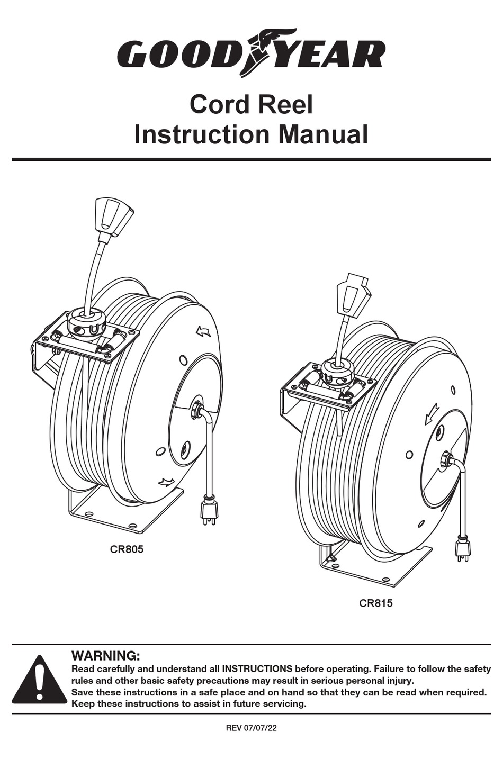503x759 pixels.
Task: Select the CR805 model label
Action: click(x=127, y=549)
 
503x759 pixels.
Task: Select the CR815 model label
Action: click(x=376, y=603)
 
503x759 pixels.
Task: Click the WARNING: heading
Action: click(x=105, y=656)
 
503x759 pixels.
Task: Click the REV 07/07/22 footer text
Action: click(x=251, y=728)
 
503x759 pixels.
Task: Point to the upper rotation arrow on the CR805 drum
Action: click(x=203, y=332)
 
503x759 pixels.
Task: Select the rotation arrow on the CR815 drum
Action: click(x=432, y=414)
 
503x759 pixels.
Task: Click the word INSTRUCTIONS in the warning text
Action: click(x=257, y=669)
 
